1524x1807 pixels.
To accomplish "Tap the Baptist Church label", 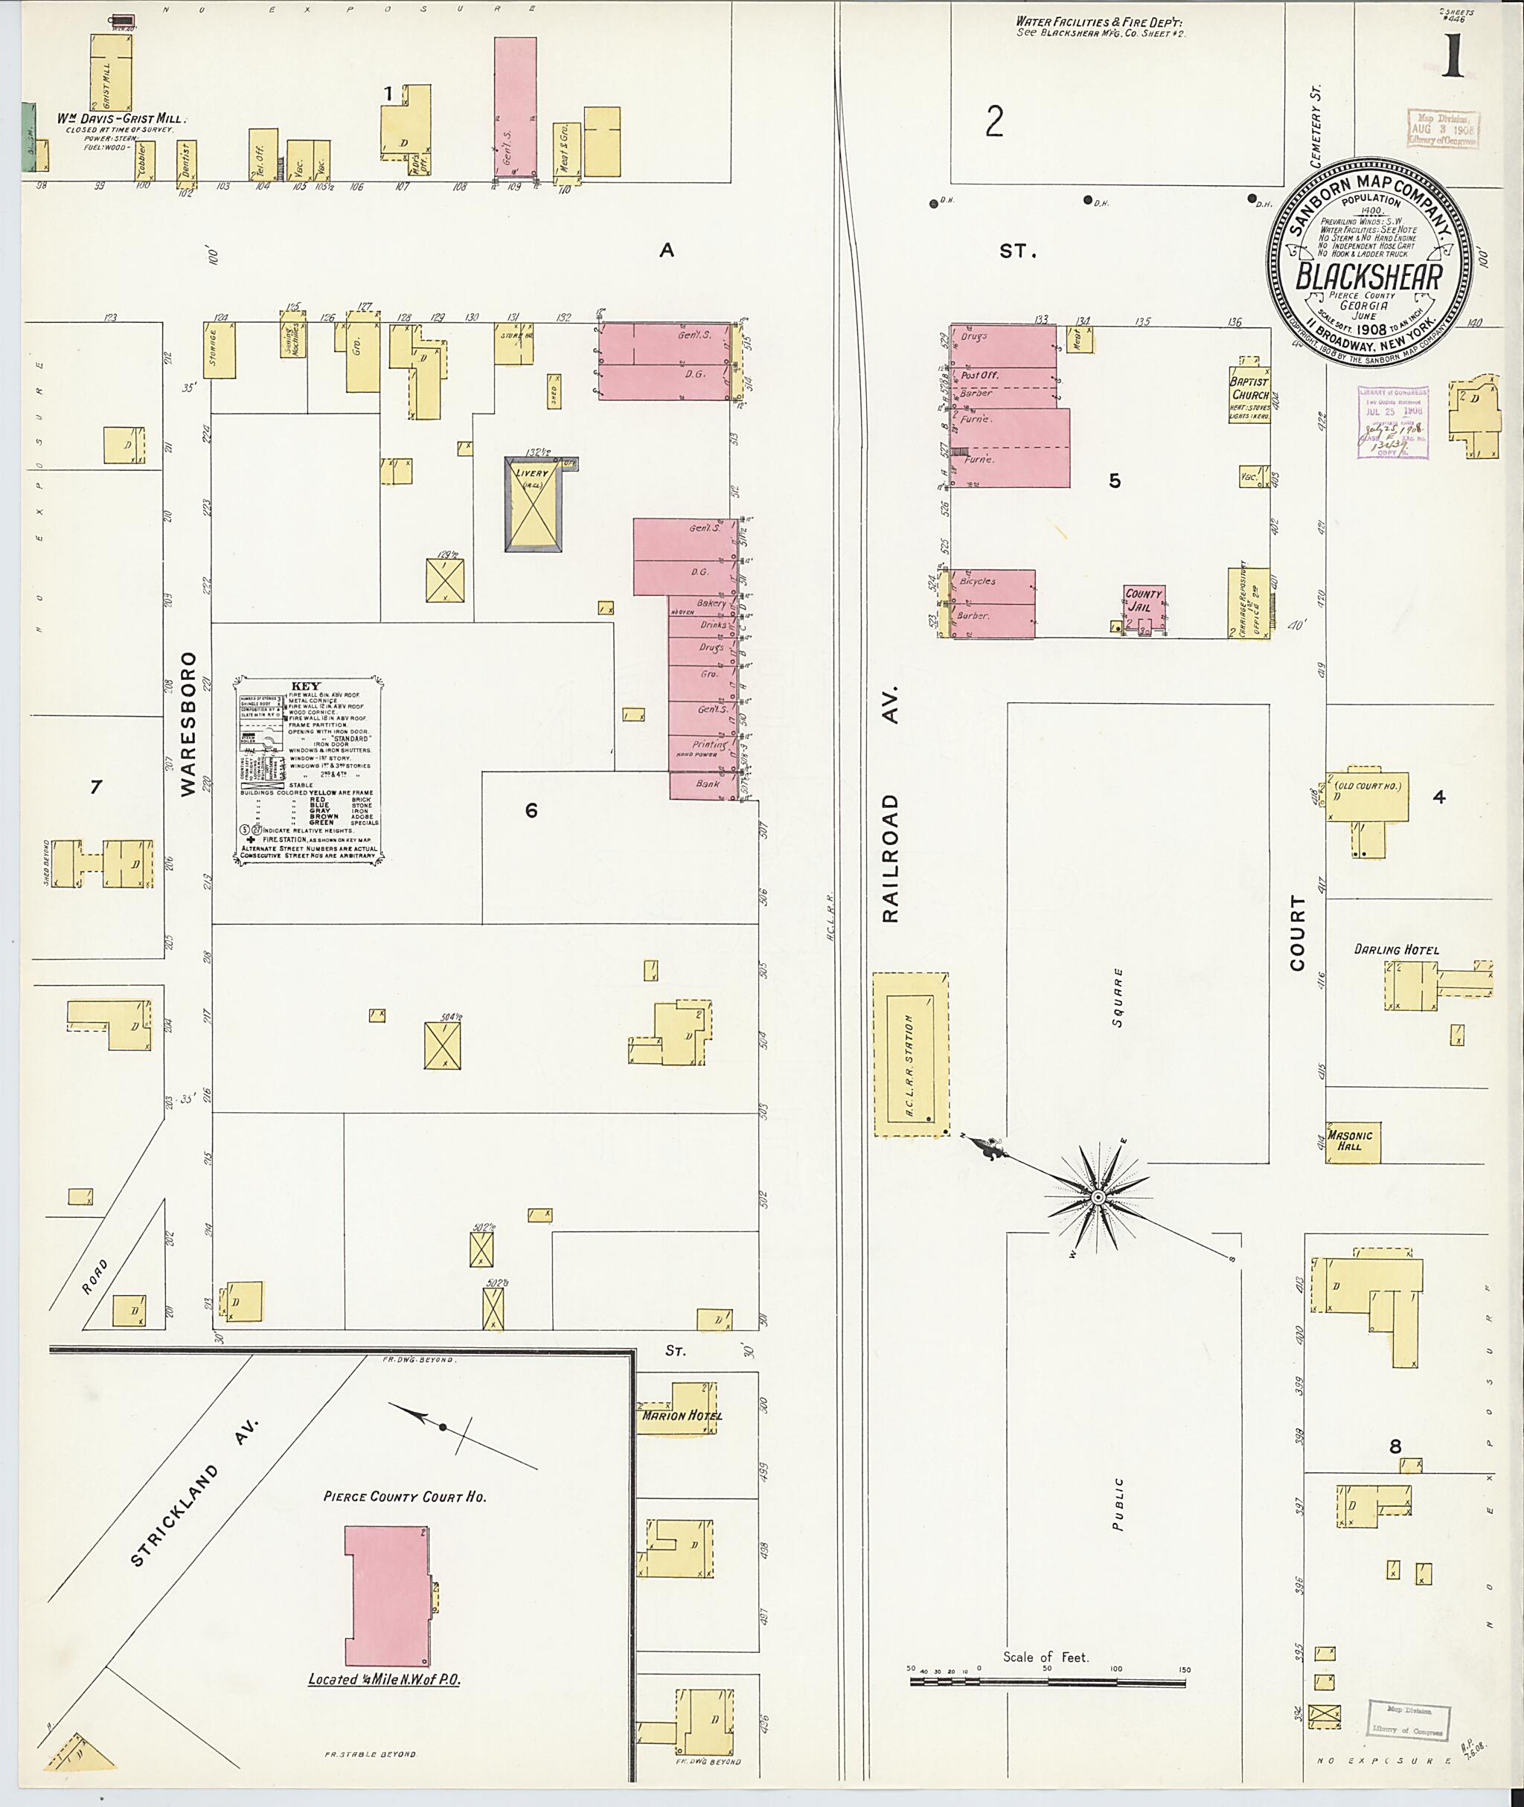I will point(1249,388).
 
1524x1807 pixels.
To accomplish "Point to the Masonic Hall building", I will point(1352,1140).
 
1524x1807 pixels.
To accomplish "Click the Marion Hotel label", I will point(682,1415).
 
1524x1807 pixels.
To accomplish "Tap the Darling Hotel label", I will point(1396,949).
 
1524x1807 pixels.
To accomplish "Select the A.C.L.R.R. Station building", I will point(911,1054).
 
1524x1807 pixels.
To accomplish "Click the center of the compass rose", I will point(1096,1196).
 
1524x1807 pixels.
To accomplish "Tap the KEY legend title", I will point(307,685).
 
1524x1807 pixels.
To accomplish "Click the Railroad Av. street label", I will point(891,803).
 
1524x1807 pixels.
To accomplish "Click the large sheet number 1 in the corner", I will point(1453,58).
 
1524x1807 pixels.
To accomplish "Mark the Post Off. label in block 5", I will point(980,375).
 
